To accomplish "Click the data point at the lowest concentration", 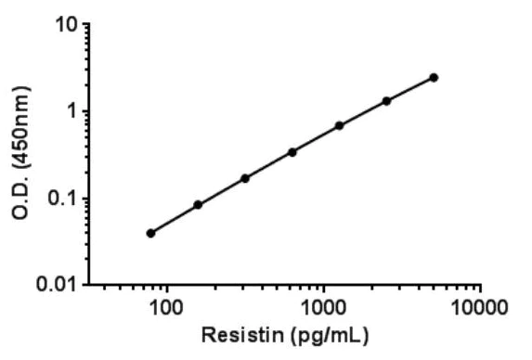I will tap(150, 233).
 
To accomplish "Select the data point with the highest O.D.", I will tap(434, 78).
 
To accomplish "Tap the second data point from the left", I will tap(198, 204).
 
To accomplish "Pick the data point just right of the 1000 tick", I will tap(339, 125).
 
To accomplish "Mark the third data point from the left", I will tap(245, 178).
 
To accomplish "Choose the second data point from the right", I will tap(386, 100).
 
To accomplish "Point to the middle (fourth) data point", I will tap(292, 151).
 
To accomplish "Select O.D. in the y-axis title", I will tap(21, 196).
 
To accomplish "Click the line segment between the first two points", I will tap(175, 219).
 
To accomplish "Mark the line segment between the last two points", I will tap(410, 89).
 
